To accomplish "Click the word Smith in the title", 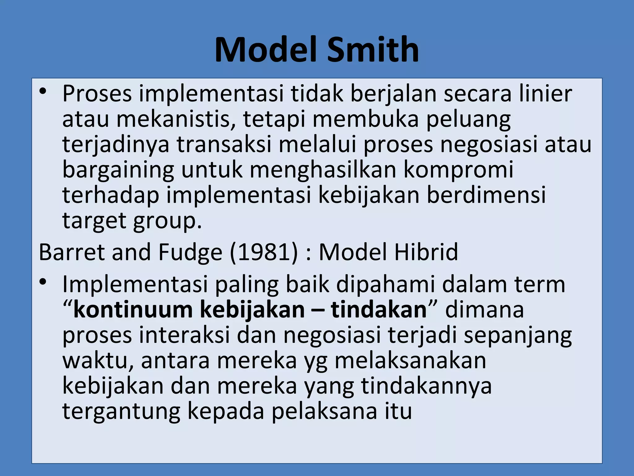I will (x=373, y=50).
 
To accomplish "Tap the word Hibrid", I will (x=426, y=252).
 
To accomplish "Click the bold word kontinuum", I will (x=133, y=310).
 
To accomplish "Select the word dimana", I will (x=484, y=310).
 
